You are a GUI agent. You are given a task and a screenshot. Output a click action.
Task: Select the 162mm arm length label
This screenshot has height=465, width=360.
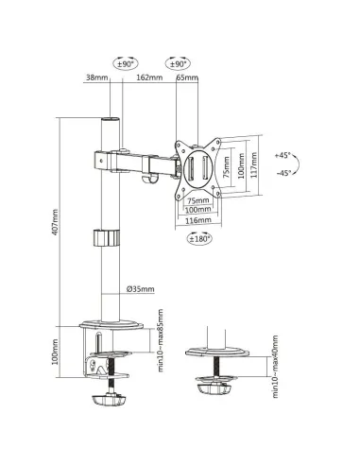(x=145, y=77)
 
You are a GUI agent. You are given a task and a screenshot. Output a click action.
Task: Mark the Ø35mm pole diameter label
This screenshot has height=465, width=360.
(x=140, y=290)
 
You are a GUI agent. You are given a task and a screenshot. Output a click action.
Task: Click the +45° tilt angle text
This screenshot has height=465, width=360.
(x=284, y=154)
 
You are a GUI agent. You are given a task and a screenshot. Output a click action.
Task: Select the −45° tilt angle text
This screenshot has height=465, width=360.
(x=284, y=173)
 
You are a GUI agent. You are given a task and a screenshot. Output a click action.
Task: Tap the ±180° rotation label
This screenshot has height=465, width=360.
(x=199, y=239)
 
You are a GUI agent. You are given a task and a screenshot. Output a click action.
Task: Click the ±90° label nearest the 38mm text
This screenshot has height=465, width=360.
(x=125, y=64)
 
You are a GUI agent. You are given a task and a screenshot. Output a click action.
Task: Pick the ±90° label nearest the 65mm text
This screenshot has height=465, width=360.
(x=176, y=64)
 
